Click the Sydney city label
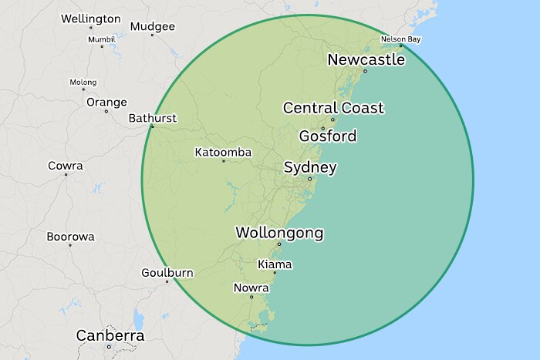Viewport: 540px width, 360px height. [x=310, y=167]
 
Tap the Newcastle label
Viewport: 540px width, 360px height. [x=366, y=59]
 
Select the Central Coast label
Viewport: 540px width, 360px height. [x=333, y=108]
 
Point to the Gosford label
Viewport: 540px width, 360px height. [x=328, y=136]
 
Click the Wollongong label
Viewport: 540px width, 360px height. [x=279, y=232]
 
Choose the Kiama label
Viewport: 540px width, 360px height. [x=275, y=264]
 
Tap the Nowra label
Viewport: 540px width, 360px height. [x=251, y=288]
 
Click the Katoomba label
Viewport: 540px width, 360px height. [x=223, y=153]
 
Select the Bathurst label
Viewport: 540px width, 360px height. [x=152, y=118]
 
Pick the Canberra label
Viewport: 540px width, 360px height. [x=110, y=335]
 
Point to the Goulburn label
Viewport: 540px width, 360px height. [x=167, y=273]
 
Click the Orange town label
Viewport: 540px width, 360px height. [x=106, y=102]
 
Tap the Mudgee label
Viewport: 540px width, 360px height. [x=152, y=26]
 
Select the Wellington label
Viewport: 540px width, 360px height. [x=90, y=19]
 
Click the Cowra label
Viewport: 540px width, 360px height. [x=66, y=166]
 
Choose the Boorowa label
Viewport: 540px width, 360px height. [x=70, y=237]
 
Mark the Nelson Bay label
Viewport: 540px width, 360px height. [x=401, y=39]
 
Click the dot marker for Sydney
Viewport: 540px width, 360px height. [x=310, y=179]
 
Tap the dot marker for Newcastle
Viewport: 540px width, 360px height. [x=366, y=71]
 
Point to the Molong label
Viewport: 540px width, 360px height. [x=83, y=82]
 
